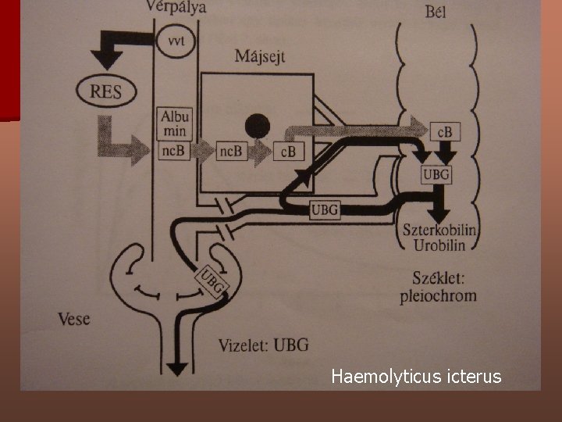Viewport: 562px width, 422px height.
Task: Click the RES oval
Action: [106, 91]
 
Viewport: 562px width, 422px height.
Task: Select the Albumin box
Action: [173, 123]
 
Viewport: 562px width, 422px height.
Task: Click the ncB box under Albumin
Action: [173, 152]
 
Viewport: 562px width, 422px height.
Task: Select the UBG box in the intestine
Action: [436, 174]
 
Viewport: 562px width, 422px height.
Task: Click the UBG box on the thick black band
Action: [325, 209]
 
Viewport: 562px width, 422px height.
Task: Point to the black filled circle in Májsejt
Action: [257, 124]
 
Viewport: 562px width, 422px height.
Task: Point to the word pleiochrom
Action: [442, 296]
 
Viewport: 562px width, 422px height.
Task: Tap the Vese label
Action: [75, 319]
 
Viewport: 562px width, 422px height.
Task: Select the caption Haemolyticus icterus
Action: [416, 377]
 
